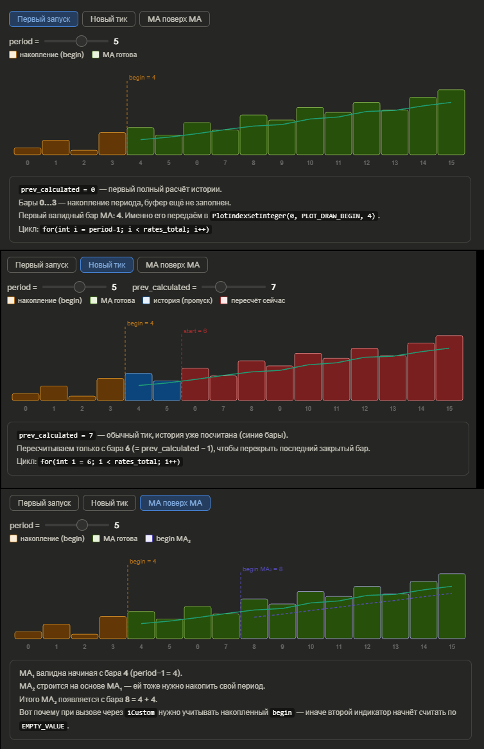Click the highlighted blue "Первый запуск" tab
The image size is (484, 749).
pos(44,19)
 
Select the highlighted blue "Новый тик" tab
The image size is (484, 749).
pos(107,264)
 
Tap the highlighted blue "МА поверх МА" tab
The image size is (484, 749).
pos(175,503)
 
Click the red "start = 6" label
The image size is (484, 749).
pos(195,331)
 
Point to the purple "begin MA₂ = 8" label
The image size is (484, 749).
pos(263,569)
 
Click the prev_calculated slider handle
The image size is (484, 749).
pos(221,287)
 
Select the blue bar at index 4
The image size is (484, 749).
pos(138,386)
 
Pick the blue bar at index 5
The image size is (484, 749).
pos(166,390)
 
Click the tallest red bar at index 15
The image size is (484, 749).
pos(449,367)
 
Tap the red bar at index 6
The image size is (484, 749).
pos(195,384)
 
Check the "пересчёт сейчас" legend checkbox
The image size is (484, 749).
pos(224,300)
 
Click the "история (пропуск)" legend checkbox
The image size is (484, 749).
pos(146,300)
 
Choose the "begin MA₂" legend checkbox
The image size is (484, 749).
pos(149,539)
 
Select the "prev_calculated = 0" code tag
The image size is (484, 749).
pos(58,190)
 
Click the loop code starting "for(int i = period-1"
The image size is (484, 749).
pos(125,229)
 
